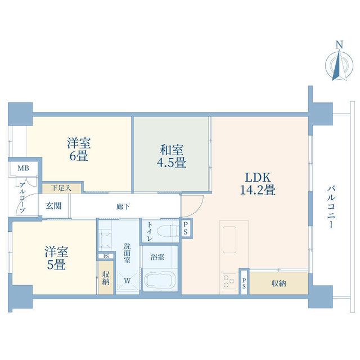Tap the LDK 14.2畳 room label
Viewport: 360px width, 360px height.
(x=258, y=184)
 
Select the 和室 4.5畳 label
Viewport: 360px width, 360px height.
(x=172, y=156)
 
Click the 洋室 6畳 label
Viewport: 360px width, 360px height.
(x=79, y=149)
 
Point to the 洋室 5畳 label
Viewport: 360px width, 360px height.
(x=56, y=258)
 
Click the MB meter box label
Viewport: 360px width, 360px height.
(x=24, y=168)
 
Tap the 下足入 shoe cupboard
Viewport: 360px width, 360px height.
(x=62, y=188)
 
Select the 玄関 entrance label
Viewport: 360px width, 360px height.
(x=53, y=206)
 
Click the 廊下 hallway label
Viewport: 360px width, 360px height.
(x=123, y=207)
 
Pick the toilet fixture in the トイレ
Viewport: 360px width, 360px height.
(x=168, y=231)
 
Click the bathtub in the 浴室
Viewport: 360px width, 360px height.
(x=160, y=280)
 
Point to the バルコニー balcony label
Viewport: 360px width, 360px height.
(x=331, y=208)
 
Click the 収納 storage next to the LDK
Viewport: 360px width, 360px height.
(x=279, y=283)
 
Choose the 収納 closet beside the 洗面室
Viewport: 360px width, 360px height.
(x=106, y=277)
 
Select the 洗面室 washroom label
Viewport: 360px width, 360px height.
(x=127, y=253)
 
